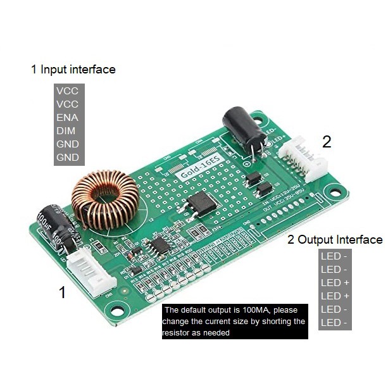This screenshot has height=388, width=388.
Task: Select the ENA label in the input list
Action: pos(67,117)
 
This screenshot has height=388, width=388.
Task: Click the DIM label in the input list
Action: pos(66,130)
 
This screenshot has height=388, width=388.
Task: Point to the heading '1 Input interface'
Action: pos(73,69)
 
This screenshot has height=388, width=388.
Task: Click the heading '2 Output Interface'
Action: pos(335,239)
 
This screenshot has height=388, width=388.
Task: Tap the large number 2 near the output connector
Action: pos(327,142)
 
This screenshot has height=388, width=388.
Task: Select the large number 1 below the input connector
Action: pos(62,292)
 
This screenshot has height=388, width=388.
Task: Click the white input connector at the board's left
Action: pos(86,270)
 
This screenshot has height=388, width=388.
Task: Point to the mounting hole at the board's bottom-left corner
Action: pos(116,310)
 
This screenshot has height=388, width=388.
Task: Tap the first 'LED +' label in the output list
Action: pos(335,282)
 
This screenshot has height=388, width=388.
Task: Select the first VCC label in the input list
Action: pos(67,91)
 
